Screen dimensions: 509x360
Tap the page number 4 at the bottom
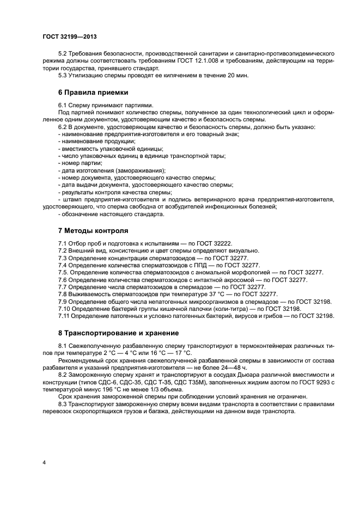pos(44,462)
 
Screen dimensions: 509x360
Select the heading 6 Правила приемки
pos(93,93)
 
